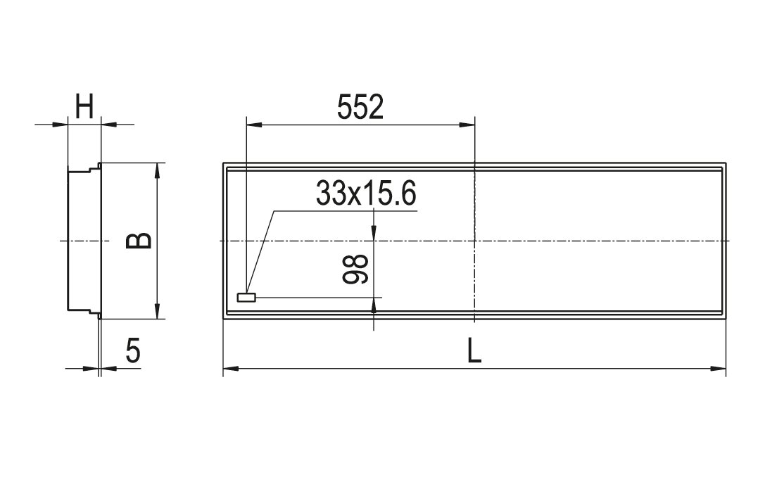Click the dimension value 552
[360, 108]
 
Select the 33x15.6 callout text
[366, 193]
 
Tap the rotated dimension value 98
[355, 269]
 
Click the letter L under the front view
[474, 350]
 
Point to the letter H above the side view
[84, 107]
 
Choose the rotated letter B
[139, 241]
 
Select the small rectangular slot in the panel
[246, 297]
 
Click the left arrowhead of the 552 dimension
[254, 125]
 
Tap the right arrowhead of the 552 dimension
[467, 125]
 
